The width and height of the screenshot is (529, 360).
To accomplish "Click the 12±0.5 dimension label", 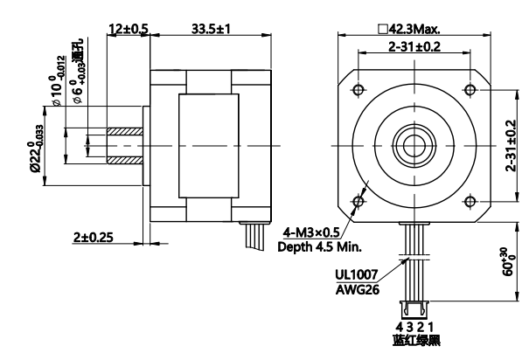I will pos(129,28).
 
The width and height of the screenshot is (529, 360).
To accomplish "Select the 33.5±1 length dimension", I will pos(210,28).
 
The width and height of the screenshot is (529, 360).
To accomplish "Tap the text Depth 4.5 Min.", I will pos(321,246).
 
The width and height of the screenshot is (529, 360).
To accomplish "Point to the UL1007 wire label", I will pos(357,273).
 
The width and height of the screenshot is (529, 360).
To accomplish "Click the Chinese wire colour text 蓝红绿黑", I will pos(412,342).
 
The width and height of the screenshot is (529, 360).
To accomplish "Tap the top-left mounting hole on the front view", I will pos(357,90).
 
